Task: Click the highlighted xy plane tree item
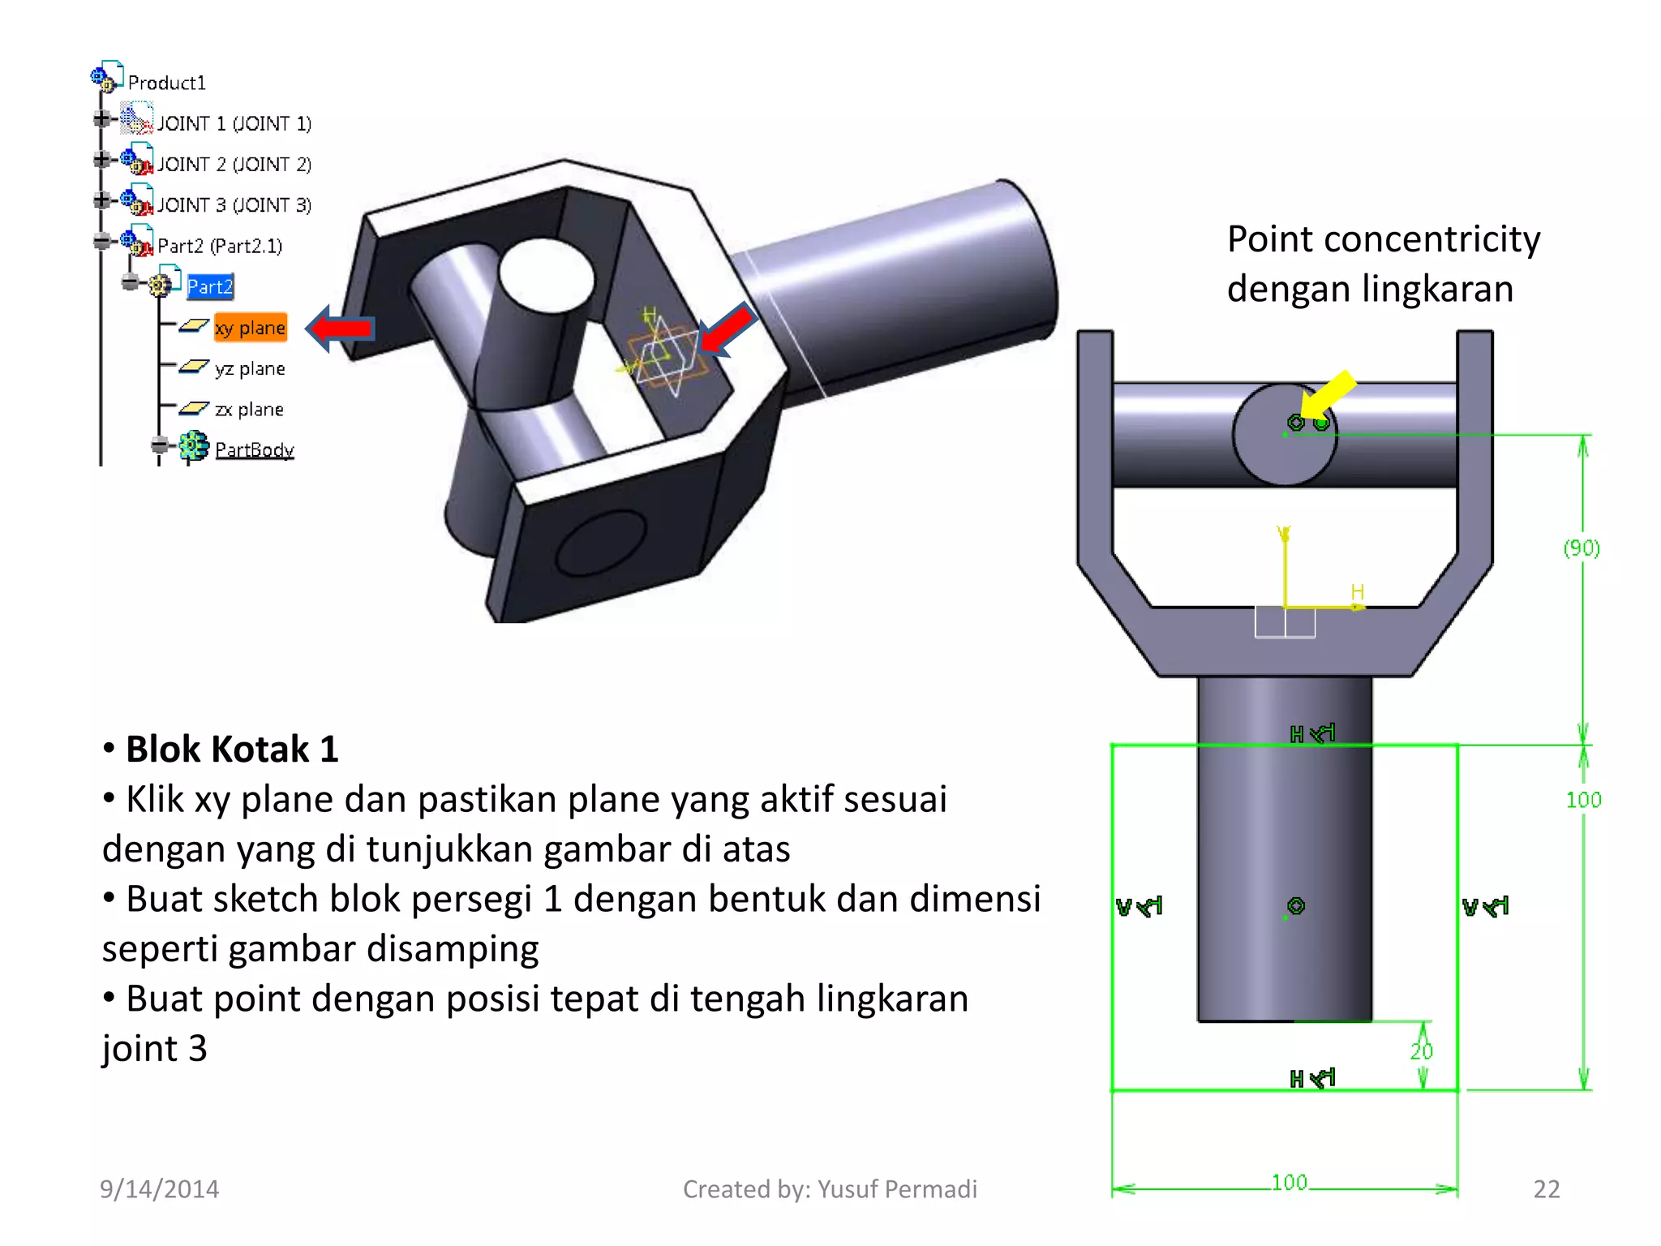[x=251, y=328]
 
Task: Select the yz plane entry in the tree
[x=250, y=369]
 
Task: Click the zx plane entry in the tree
[x=249, y=410]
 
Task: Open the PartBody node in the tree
[x=254, y=449]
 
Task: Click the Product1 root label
[x=167, y=83]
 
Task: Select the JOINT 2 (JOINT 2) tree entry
[x=234, y=165]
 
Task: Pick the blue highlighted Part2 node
[x=209, y=286]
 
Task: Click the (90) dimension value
[x=1582, y=548]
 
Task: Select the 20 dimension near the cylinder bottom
[x=1421, y=1051]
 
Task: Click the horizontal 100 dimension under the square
[x=1289, y=1183]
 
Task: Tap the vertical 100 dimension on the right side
[x=1583, y=800]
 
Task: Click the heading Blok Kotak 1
[x=232, y=749]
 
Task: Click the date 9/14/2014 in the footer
[x=159, y=1189]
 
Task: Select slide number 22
[x=1546, y=1189]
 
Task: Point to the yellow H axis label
[x=1358, y=592]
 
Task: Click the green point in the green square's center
[x=1296, y=906]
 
